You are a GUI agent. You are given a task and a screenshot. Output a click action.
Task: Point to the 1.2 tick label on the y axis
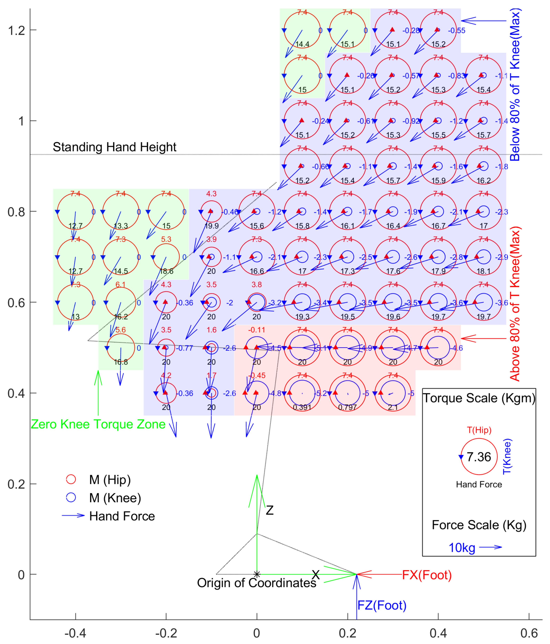(x=16, y=30)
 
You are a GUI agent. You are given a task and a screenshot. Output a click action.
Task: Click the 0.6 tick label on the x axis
(x=529, y=633)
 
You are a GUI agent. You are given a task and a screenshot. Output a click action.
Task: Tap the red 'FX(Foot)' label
(x=427, y=575)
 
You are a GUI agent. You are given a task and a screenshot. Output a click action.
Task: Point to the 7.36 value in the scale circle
(x=479, y=457)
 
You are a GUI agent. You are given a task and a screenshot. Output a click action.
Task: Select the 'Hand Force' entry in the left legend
(x=122, y=516)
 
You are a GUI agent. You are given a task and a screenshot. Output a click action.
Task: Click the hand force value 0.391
(x=302, y=407)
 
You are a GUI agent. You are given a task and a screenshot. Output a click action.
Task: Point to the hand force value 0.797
(x=347, y=407)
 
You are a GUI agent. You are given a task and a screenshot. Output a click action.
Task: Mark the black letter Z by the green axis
(x=270, y=510)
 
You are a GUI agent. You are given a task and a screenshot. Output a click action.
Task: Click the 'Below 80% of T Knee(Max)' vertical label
(x=515, y=84)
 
